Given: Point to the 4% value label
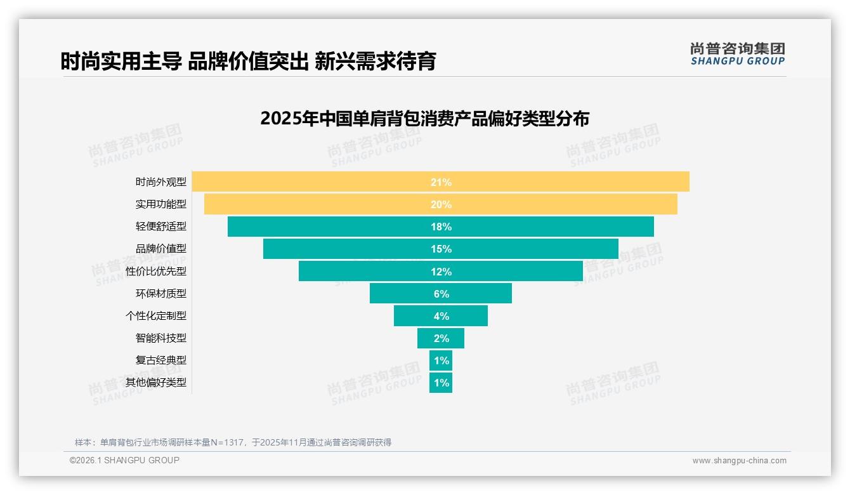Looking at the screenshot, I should pos(441,316).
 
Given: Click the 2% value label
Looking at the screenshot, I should pos(441,338).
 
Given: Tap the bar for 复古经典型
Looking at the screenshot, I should pos(441,360).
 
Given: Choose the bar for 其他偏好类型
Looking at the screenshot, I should pos(441,383).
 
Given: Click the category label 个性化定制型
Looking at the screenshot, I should pos(156,315).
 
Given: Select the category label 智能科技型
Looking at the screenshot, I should pos(161,338).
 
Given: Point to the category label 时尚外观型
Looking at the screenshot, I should pos(161,182).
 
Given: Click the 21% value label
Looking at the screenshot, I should pos(441,182).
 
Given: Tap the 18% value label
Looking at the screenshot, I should pos(441,227).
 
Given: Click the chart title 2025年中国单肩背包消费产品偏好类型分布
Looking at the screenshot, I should pos(424,119).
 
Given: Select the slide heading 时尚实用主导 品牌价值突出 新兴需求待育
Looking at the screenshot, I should pos(248,62).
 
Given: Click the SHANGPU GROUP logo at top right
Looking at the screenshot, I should pos(737,54).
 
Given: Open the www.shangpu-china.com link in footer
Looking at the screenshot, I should pos(739,461).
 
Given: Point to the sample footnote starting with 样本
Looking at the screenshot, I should pos(233,442).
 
